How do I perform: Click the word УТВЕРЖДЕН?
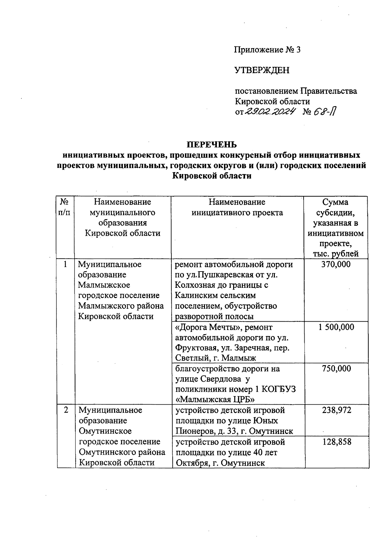tap(262, 70)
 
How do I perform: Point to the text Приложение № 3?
tap(267, 50)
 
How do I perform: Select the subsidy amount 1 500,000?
tap(336, 327)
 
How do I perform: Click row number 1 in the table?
tap(66, 264)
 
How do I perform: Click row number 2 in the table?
tap(66, 410)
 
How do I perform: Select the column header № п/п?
tap(65, 207)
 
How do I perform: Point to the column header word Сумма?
tap(335, 202)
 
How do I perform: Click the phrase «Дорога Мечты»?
tap(209, 327)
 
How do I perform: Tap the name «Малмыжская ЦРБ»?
tap(215, 400)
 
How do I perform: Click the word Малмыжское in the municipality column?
tap(104, 285)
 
